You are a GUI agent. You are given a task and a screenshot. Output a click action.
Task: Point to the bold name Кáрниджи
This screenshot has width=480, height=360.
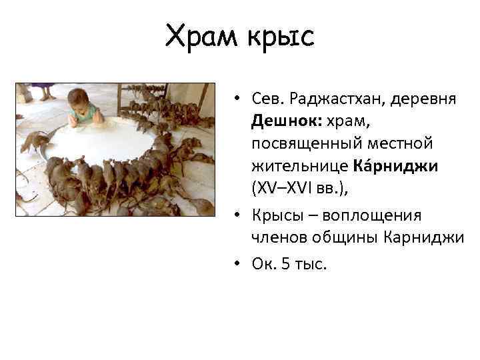click(x=406, y=166)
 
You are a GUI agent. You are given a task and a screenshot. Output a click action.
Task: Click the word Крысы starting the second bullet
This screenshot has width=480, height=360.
click(x=277, y=215)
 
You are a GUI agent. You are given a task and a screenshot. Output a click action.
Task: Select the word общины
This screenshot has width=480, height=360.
click(x=348, y=237)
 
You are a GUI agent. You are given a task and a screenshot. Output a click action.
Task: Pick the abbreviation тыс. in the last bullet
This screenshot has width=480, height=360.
click(x=310, y=264)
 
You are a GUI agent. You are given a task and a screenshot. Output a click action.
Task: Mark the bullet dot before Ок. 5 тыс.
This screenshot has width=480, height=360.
click(x=237, y=265)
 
